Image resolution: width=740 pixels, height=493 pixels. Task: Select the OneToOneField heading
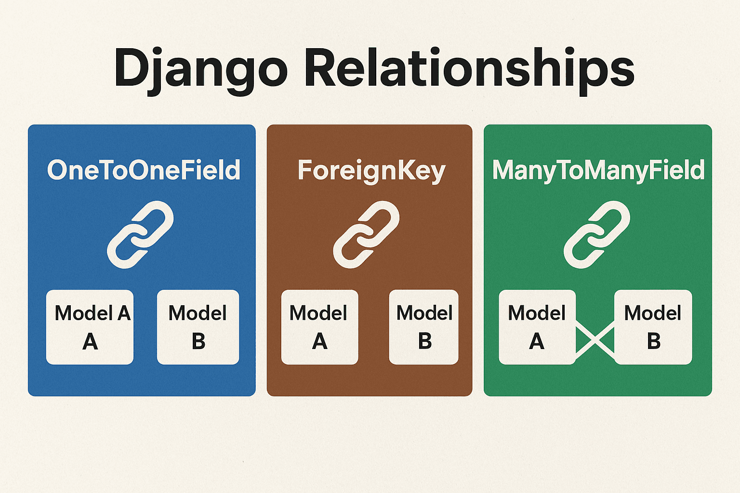pyautogui.click(x=144, y=170)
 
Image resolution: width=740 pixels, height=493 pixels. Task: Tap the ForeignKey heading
pyautogui.click(x=371, y=171)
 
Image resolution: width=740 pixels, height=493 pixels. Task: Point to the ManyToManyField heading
pyautogui.click(x=598, y=170)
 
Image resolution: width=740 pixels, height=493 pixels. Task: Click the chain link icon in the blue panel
pyautogui.click(x=140, y=234)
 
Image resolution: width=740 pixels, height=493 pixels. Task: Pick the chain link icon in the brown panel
pyautogui.click(x=366, y=234)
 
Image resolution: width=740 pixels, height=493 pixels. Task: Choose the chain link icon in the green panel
pyautogui.click(x=597, y=234)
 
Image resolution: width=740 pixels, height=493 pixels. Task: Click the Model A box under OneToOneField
pyautogui.click(x=90, y=327)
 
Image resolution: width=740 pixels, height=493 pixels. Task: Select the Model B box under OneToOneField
pyautogui.click(x=198, y=327)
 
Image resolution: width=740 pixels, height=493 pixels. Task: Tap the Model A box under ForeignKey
pyautogui.click(x=319, y=327)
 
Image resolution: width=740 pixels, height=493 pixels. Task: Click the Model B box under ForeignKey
pyautogui.click(x=423, y=327)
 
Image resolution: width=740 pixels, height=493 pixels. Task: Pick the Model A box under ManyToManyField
pyautogui.click(x=537, y=327)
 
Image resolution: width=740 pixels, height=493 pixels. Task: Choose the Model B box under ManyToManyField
pyautogui.click(x=653, y=327)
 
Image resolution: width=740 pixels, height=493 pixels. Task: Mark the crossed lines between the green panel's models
pyautogui.click(x=595, y=340)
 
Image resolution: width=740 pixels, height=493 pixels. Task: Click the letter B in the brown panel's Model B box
pyautogui.click(x=424, y=341)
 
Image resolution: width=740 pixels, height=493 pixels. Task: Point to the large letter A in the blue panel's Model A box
pyautogui.click(x=90, y=342)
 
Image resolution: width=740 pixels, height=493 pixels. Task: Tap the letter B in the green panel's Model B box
pyautogui.click(x=654, y=341)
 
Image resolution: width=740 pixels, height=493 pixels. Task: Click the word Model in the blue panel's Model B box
pyautogui.click(x=198, y=313)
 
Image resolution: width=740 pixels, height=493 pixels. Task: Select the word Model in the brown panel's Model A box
pyautogui.click(x=318, y=313)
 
